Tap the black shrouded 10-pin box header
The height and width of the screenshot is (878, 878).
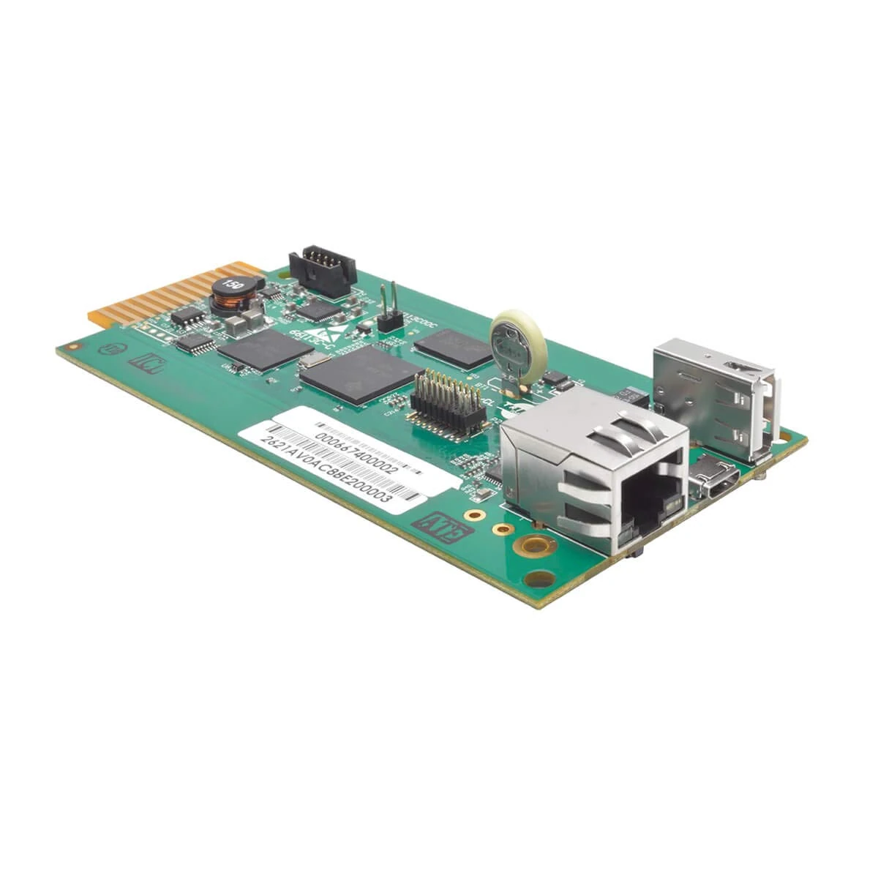[x=323, y=270]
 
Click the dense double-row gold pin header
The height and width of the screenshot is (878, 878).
[x=447, y=403]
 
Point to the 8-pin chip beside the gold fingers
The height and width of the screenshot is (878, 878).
[x=189, y=316]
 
